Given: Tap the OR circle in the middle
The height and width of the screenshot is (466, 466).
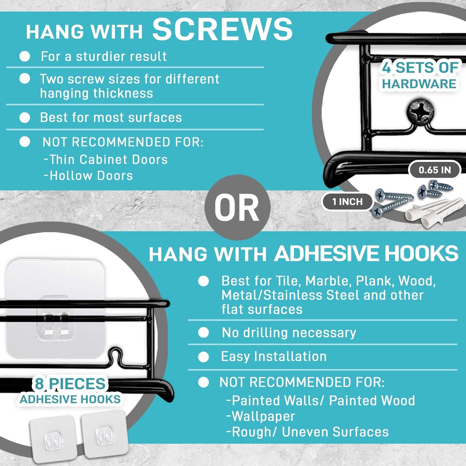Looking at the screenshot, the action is [x=237, y=207].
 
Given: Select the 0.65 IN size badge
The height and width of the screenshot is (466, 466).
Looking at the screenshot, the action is [x=435, y=170].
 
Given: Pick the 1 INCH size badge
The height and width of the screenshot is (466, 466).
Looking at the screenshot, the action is [x=347, y=202].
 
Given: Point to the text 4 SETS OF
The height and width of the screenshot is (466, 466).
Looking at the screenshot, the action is [x=420, y=68].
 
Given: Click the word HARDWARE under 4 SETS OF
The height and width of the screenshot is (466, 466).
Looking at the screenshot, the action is [x=419, y=84].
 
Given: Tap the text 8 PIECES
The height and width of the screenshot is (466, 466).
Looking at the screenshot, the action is [x=70, y=384].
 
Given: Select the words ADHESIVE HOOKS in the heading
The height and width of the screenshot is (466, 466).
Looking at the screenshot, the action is [x=366, y=254].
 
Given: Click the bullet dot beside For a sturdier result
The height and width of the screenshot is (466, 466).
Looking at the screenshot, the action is [x=25, y=56].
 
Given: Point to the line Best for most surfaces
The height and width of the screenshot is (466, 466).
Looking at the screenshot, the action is [x=111, y=117].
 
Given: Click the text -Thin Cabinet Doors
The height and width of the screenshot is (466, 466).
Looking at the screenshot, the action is [x=106, y=159].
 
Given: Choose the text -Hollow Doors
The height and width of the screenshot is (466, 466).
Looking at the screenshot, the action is [x=88, y=176].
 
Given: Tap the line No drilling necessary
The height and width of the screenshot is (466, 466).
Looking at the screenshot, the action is [x=289, y=333].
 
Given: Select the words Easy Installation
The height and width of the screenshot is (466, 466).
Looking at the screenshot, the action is [x=274, y=357].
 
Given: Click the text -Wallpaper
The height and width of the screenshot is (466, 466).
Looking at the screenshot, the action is [x=260, y=416].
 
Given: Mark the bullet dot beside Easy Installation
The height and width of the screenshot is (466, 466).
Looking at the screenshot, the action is [x=203, y=357].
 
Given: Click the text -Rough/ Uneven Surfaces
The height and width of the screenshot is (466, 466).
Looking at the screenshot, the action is [x=307, y=432].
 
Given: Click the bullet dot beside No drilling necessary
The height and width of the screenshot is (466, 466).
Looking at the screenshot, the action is [x=203, y=333].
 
